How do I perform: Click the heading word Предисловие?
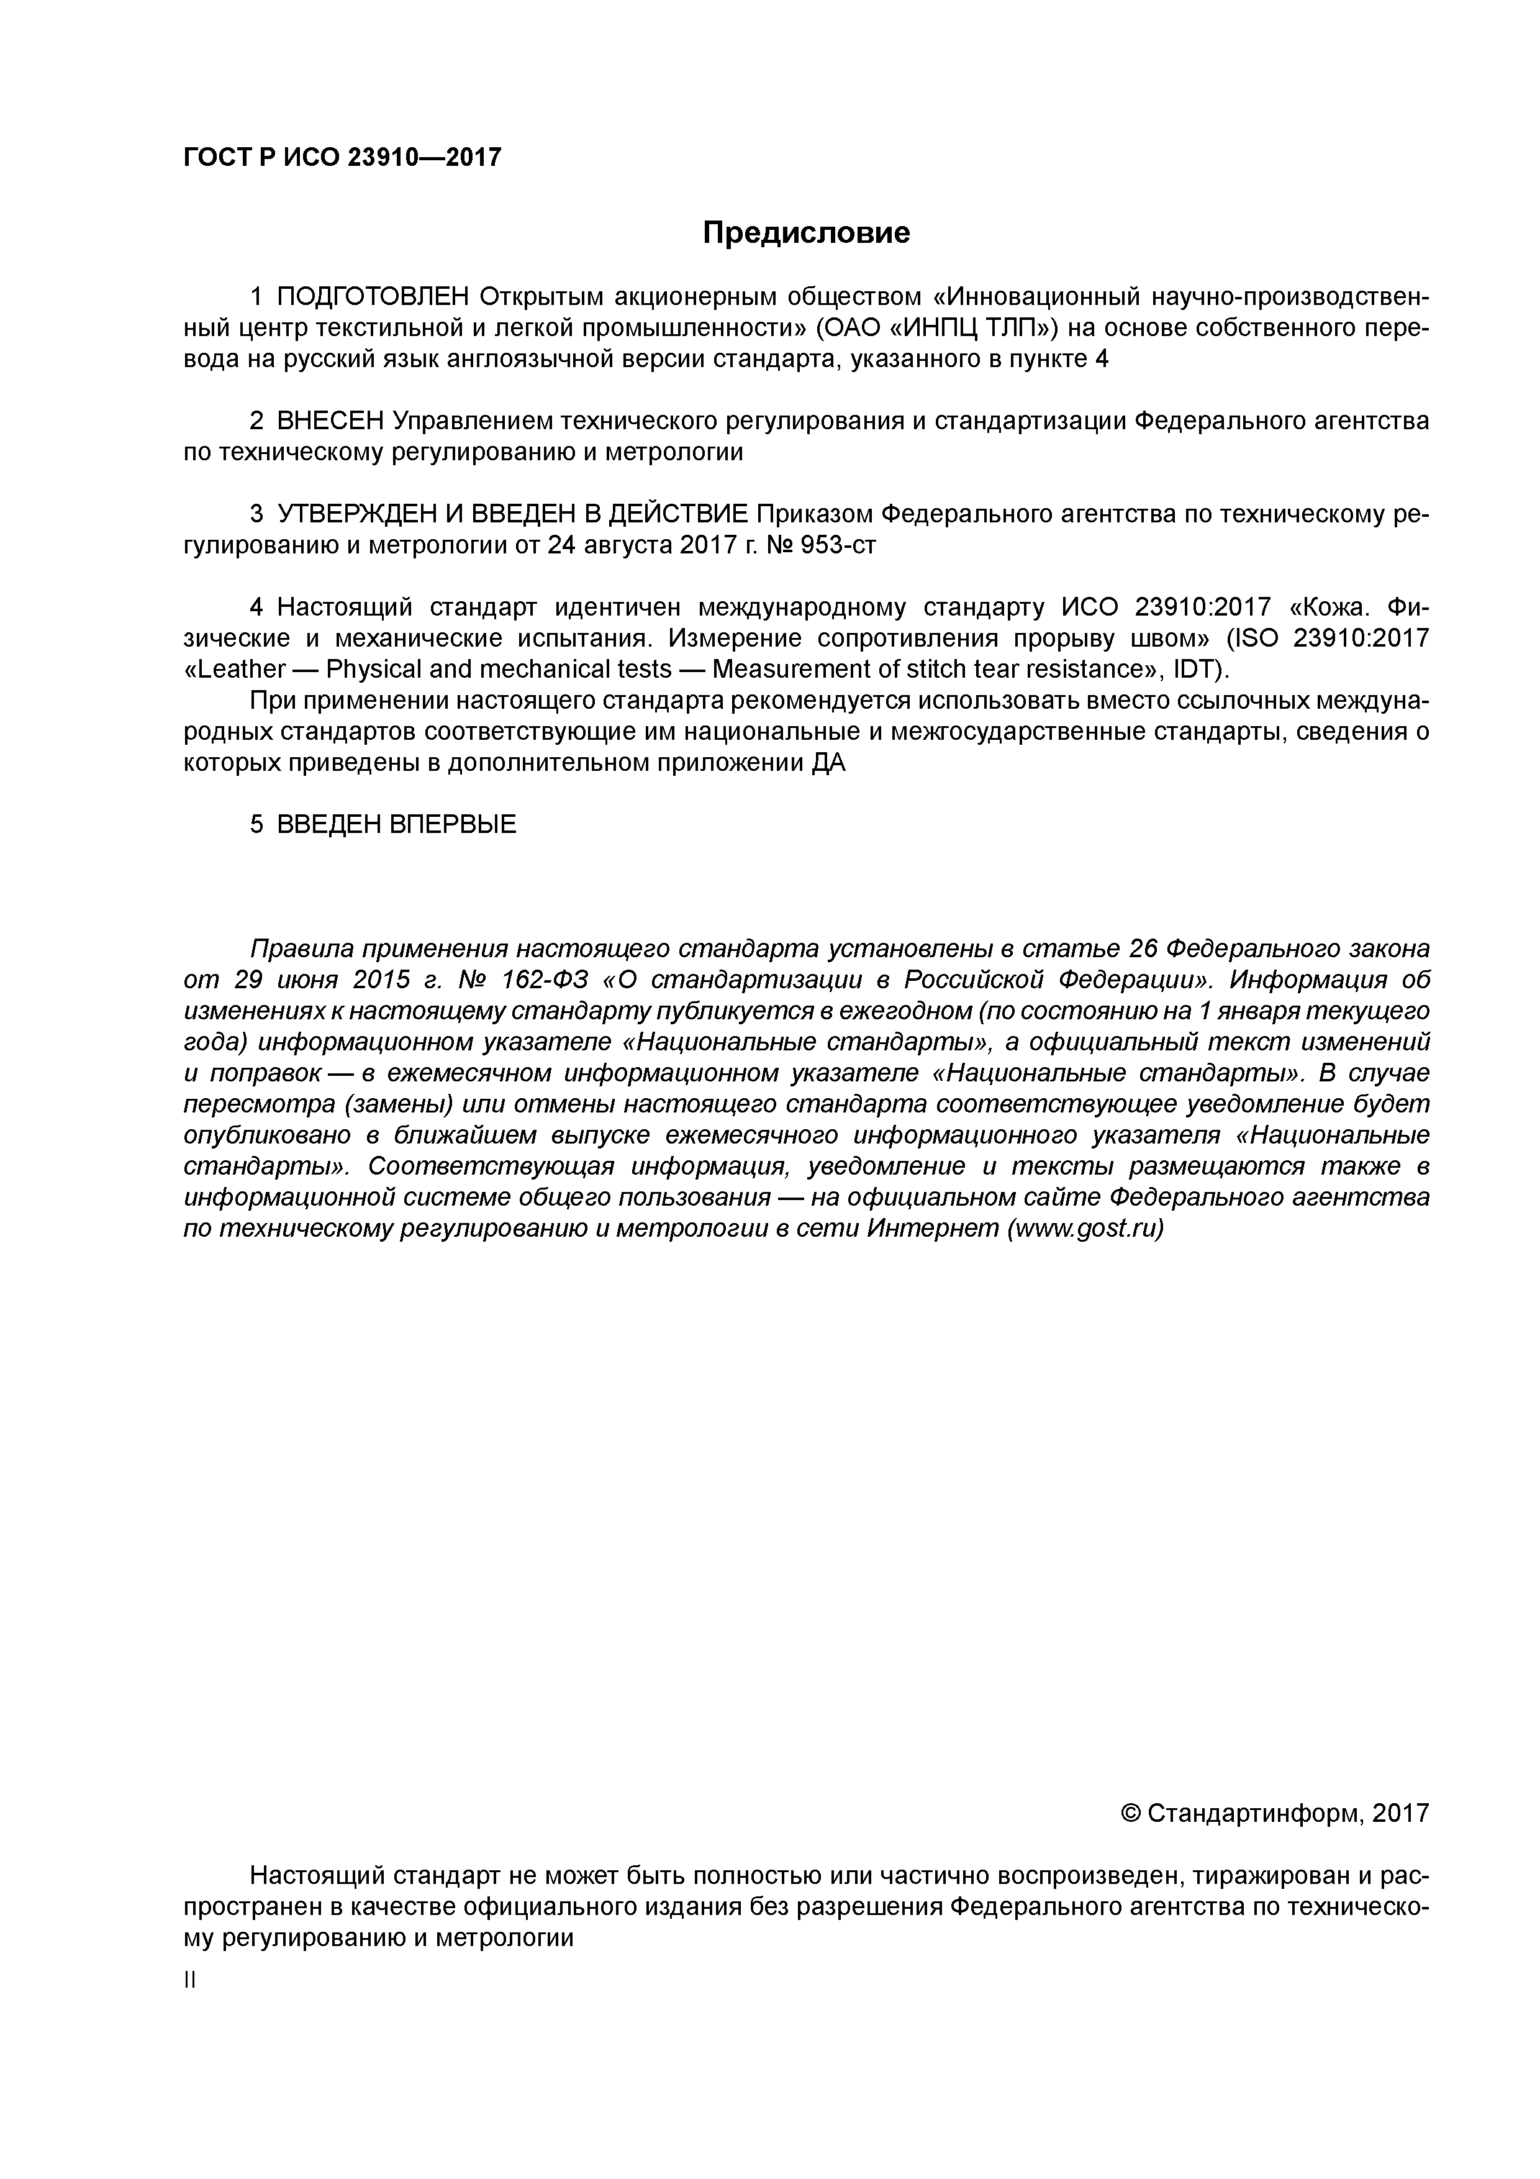805,232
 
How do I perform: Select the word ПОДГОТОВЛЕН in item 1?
373,297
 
